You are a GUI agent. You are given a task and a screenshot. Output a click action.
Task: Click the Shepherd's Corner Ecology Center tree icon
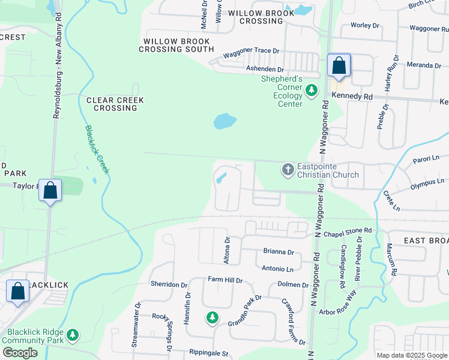pyautogui.click(x=311, y=91)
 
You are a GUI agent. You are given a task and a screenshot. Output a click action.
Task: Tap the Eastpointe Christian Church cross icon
pyautogui.click(x=288, y=170)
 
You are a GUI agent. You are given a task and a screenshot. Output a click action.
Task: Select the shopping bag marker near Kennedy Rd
pyautogui.click(x=339, y=65)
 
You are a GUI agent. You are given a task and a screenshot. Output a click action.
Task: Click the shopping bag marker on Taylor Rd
pyautogui.click(x=50, y=190)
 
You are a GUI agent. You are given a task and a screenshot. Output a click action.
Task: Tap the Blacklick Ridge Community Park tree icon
pyautogui.click(x=73, y=335)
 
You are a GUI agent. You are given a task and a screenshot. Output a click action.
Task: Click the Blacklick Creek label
pyautogui.click(x=96, y=150)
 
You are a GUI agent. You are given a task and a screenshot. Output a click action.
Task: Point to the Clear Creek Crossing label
pyautogui.click(x=112, y=104)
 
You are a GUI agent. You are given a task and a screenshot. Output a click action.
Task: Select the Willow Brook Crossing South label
pyautogui.click(x=176, y=45)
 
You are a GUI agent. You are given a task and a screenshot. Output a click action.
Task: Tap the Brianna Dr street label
pyautogui.click(x=279, y=253)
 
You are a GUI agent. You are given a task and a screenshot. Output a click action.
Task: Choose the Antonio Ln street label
pyautogui.click(x=278, y=268)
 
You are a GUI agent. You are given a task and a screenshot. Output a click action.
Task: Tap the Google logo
pyautogui.click(x=19, y=353)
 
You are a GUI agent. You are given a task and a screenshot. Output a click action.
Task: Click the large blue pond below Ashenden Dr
pyautogui.click(x=224, y=121)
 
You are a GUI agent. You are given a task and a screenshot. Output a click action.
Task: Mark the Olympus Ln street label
pyautogui.click(x=427, y=181)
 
